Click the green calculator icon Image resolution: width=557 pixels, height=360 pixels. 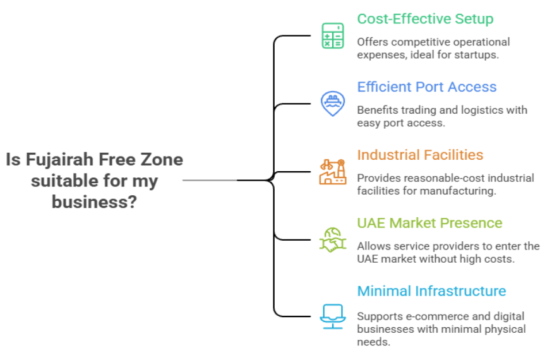[x=333, y=36]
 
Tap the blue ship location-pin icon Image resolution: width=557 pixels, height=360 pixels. [x=332, y=104]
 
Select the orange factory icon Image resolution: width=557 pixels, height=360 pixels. [x=332, y=171]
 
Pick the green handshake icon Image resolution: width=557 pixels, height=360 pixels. [x=332, y=240]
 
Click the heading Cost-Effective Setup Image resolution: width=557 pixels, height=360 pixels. [x=425, y=19]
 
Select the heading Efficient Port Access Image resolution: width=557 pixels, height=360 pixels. [x=427, y=87]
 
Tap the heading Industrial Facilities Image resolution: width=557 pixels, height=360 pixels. [x=420, y=155]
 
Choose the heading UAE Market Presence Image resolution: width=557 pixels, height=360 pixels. [x=429, y=223]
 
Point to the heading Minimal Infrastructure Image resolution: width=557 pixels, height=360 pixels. [x=431, y=291]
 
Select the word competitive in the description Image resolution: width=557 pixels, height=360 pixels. [x=421, y=42]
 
